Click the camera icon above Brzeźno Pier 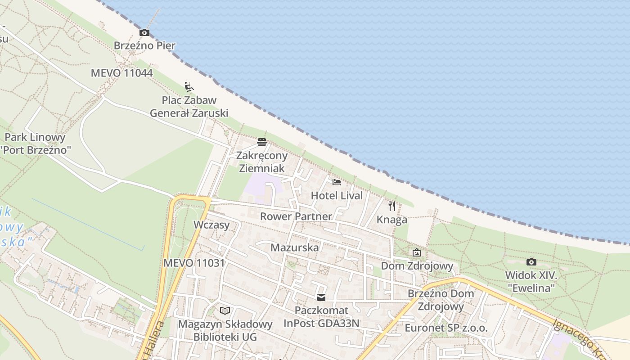click(x=144, y=32)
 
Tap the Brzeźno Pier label click(x=144, y=45)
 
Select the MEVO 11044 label click(x=121, y=73)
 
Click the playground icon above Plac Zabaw click(x=189, y=86)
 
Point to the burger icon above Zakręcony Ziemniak click(x=262, y=142)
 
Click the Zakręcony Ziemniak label click(x=262, y=162)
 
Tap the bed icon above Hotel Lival click(x=337, y=182)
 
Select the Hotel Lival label click(x=337, y=196)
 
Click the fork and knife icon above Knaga click(x=392, y=206)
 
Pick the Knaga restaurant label click(x=392, y=220)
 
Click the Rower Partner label click(x=296, y=216)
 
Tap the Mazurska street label click(x=294, y=247)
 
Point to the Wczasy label click(x=211, y=225)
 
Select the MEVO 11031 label click(x=194, y=263)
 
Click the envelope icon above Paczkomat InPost click(x=321, y=297)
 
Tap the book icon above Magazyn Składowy click(x=225, y=310)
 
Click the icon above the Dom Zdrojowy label click(x=417, y=252)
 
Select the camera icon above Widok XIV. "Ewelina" click(x=531, y=262)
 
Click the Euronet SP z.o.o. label click(x=446, y=328)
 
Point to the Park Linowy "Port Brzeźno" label click(x=35, y=144)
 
